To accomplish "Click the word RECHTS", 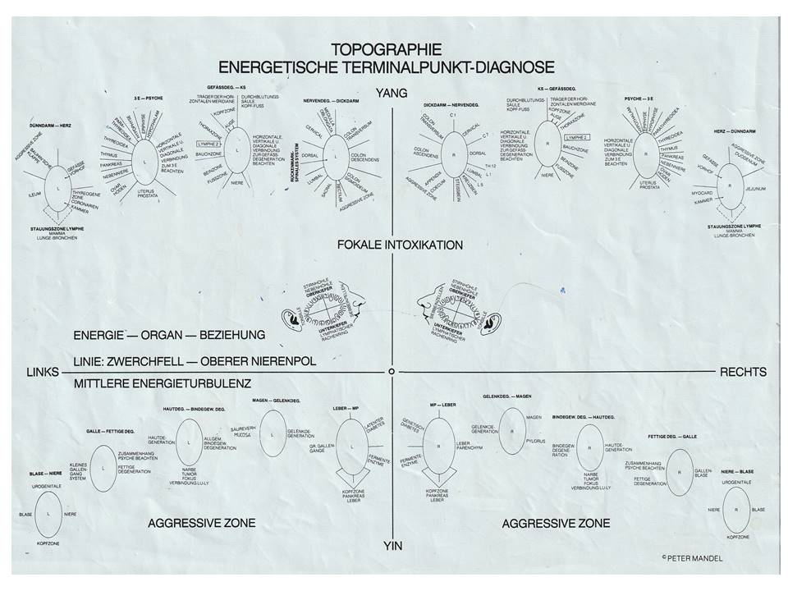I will [743, 372].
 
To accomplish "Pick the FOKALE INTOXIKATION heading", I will [400, 245].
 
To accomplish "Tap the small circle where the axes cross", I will [393, 372].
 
